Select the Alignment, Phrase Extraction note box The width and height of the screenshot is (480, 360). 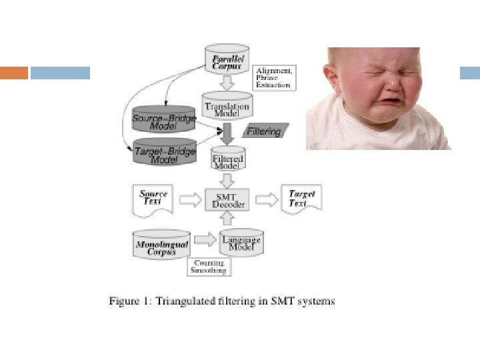click(274, 77)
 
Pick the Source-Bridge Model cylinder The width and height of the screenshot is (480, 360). click(164, 119)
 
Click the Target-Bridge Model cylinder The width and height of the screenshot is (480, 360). click(165, 153)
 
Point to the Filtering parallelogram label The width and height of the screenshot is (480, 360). click(264, 131)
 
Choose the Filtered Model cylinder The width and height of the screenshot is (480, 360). click(228, 160)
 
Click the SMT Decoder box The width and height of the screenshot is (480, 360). click(229, 199)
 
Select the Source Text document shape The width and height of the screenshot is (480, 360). click(154, 199)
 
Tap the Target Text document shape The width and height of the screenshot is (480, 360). click(301, 198)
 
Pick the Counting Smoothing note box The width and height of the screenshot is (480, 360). click(209, 267)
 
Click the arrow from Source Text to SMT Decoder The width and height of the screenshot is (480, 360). click(191, 199)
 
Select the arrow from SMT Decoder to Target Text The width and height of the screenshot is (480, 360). click(267, 199)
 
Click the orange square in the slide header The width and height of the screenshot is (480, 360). click(14, 73)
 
